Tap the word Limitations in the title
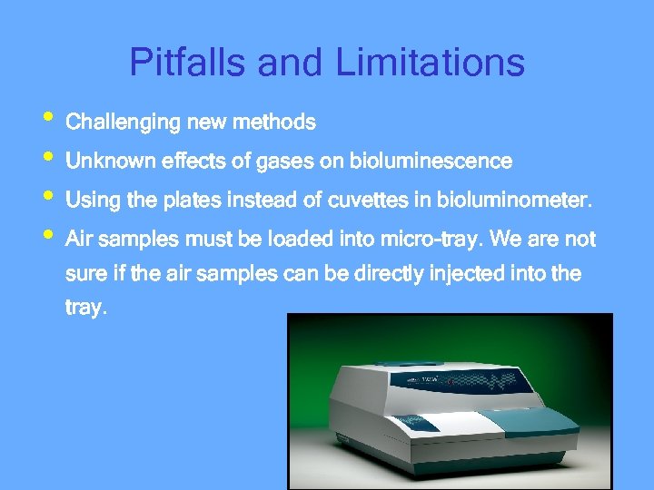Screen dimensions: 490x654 point(430,63)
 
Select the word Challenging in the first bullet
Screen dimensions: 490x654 point(123,122)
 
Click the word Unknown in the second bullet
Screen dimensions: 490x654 point(110,162)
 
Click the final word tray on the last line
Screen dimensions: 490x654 point(86,308)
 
